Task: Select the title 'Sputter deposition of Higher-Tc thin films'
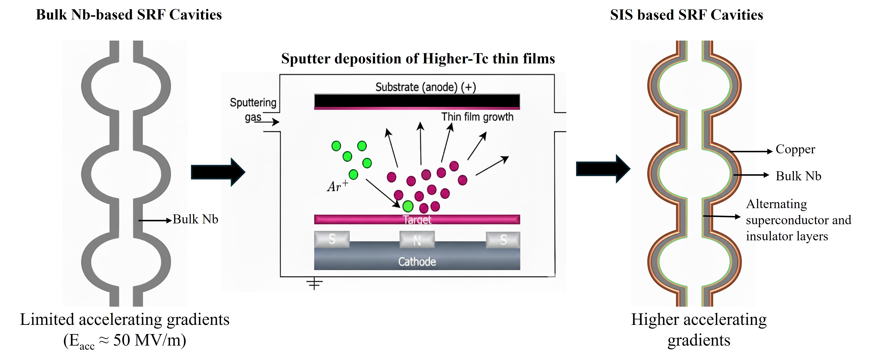coord(418,58)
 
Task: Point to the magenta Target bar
coord(417,219)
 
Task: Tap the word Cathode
coord(417,262)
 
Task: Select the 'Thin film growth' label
coord(477,117)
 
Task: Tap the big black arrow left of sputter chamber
coord(218,172)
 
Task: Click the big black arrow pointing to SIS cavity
coord(603,169)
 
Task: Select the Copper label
coord(795,149)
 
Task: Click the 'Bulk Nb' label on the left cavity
coord(195,219)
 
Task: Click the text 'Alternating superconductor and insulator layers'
coord(798,220)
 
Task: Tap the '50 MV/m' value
coord(149,340)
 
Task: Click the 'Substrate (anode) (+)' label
coord(425,87)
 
